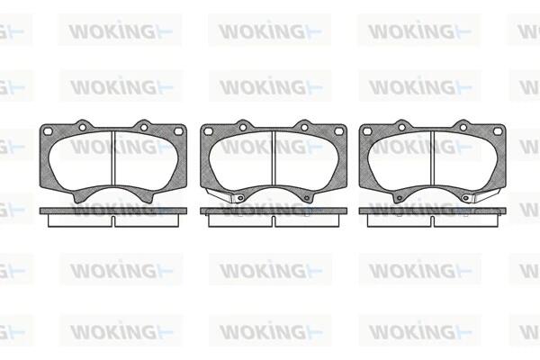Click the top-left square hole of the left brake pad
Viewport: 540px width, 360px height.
click(49, 130)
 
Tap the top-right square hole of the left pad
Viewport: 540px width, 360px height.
click(178, 130)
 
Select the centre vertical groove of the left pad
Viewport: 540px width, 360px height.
click(113, 159)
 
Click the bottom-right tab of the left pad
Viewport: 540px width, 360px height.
click(147, 197)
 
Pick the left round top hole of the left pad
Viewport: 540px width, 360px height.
click(82, 128)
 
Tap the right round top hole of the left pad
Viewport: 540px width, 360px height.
click(144, 128)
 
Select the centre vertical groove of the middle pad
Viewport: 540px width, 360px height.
click(274, 159)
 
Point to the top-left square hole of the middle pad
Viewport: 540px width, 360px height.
click(208, 130)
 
